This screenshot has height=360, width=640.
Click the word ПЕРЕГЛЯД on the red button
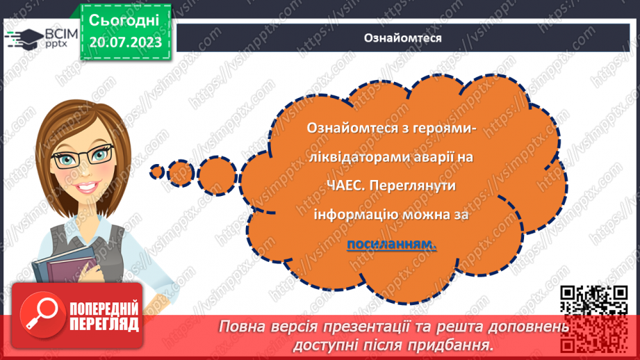(x=104, y=324)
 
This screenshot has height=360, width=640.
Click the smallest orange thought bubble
(x=157, y=170)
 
